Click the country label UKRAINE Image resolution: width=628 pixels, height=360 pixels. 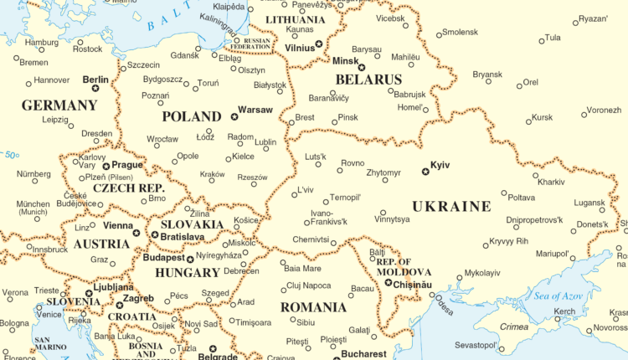(x=450, y=206)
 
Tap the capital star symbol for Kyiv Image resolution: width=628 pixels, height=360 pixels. (x=425, y=172)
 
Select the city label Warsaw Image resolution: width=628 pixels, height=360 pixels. (x=255, y=110)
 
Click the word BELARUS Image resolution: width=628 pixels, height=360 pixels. (x=368, y=80)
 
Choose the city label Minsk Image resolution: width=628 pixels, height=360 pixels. (x=345, y=61)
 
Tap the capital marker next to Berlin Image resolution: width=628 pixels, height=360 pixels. (x=95, y=87)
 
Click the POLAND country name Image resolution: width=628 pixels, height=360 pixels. (x=193, y=116)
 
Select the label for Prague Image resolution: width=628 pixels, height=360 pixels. (x=127, y=166)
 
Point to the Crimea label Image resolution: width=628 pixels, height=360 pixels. (x=514, y=327)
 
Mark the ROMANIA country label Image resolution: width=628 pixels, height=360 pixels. (x=312, y=307)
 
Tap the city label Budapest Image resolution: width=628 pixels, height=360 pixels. (x=163, y=258)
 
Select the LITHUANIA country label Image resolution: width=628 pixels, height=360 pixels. (x=295, y=19)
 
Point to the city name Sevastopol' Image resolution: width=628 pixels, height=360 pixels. (x=476, y=345)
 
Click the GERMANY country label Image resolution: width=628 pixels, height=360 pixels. (x=59, y=105)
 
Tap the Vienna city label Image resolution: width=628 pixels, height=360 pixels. (x=118, y=226)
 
